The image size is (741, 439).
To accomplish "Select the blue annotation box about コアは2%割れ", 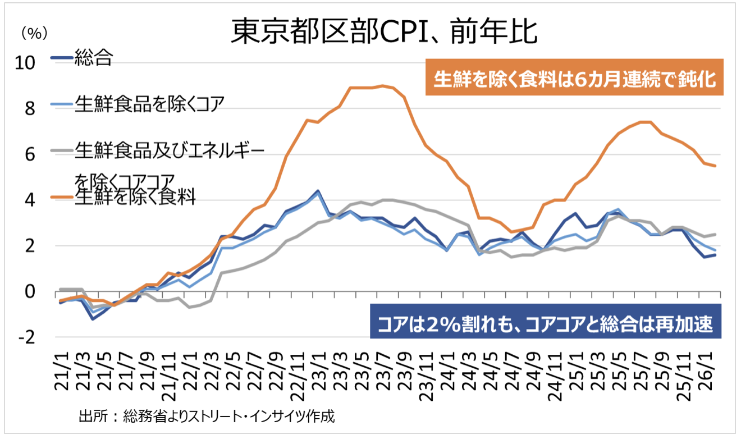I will pos(545,324).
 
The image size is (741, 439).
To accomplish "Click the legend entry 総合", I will pos(93,57).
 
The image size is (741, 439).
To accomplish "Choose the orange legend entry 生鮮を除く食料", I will pos(135,197).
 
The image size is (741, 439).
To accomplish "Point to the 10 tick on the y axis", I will pos(26,62).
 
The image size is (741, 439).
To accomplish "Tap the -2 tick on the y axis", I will pos(28,337).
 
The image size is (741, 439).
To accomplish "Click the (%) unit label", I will pos(31,34).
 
